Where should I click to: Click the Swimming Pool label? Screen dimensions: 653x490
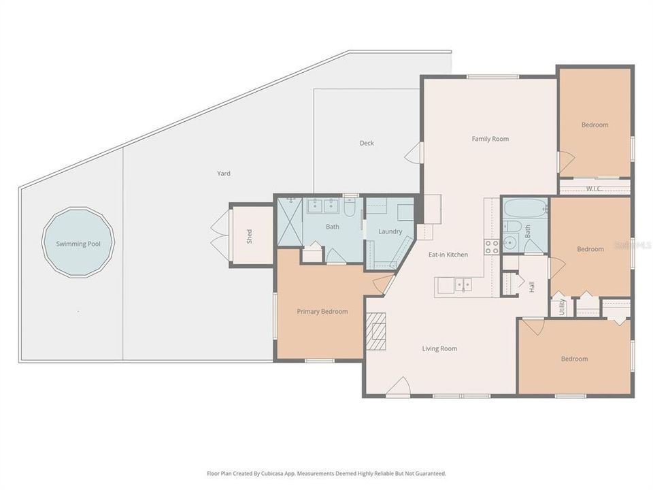pos(78,244)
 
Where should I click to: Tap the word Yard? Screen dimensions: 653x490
pos(224,174)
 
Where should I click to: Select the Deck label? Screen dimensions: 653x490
pos(367,143)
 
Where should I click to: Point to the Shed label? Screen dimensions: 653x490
pos(249,236)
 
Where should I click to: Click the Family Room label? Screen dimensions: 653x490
pos(490,139)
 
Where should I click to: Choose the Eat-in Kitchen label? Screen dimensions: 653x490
pos(448,255)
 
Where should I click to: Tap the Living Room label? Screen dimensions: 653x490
pos(439,348)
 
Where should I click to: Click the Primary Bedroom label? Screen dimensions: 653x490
pos(322,312)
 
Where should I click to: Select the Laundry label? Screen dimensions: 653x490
pos(390,231)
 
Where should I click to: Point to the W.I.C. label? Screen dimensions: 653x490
pos(594,189)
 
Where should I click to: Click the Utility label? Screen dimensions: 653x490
pos(561,307)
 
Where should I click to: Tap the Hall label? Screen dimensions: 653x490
pos(531,287)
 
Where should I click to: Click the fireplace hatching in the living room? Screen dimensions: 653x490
pos(376,331)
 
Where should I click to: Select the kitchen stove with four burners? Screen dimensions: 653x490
pos(491,246)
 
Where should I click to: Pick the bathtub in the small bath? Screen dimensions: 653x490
pos(525,208)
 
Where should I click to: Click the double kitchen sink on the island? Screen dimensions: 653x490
pos(463,285)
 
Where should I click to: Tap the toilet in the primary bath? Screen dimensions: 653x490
pos(350,207)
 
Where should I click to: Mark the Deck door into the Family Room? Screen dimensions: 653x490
pos(413,152)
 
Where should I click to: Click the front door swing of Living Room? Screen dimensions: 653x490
pos(399,386)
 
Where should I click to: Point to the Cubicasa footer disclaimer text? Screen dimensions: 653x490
pos(326,474)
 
